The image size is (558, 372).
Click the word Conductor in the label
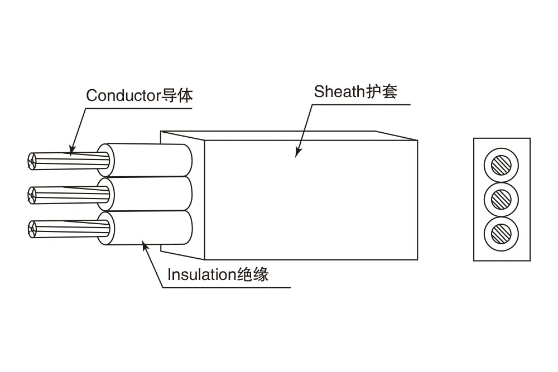[x=123, y=95]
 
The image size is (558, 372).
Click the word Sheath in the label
[x=339, y=91]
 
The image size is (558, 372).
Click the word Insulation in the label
[x=202, y=274]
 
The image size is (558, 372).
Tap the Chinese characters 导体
[x=177, y=95]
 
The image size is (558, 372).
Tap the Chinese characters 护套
[x=381, y=91]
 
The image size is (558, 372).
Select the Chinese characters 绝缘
[x=253, y=274]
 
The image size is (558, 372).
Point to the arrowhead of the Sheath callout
[x=297, y=152]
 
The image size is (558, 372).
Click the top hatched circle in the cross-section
[x=501, y=166]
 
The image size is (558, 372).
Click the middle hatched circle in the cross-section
[x=501, y=200]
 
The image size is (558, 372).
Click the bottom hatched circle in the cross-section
[x=501, y=234]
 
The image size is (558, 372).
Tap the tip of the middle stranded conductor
[x=32, y=195]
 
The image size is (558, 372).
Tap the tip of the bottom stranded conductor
[x=32, y=229]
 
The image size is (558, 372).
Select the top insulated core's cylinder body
[x=150, y=160]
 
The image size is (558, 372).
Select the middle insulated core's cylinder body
[x=150, y=194]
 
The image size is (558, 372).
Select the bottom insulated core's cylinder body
[x=150, y=228]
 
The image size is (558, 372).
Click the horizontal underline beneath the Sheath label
[x=361, y=104]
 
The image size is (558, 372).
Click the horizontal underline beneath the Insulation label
[x=227, y=287]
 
